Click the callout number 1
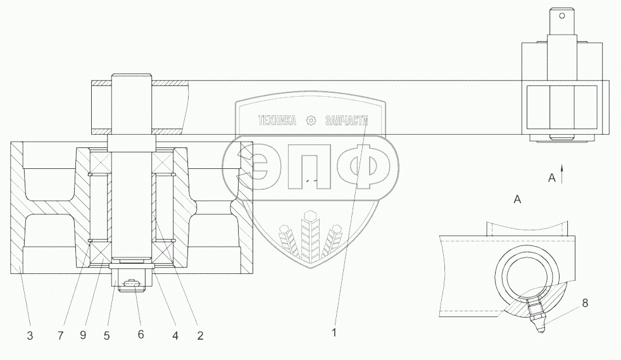click(334, 333)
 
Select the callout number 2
click(200, 336)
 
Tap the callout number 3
click(30, 336)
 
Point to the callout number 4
click(175, 336)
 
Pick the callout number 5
click(106, 336)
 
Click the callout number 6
click(141, 335)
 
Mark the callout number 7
click(60, 336)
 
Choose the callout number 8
click(585, 303)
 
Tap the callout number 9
click(83, 335)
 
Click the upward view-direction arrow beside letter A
click(561, 173)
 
